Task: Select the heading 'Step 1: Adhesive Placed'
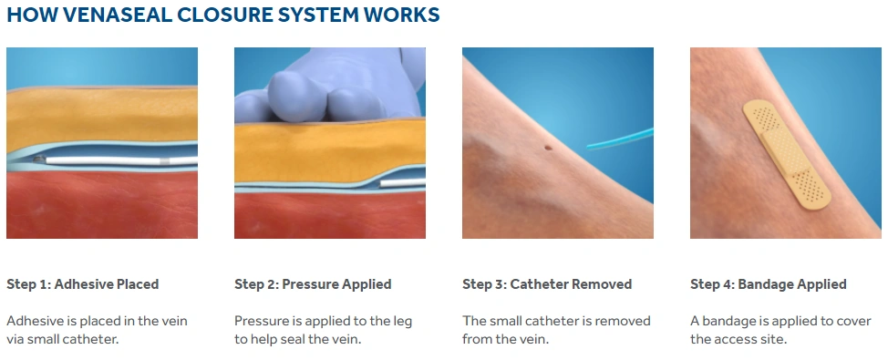click(83, 284)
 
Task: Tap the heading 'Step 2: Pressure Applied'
click(313, 284)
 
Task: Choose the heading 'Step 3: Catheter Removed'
click(547, 284)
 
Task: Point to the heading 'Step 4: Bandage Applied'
click(769, 284)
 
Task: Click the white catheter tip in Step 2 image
click(401, 183)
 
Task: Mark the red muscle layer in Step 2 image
click(328, 214)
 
